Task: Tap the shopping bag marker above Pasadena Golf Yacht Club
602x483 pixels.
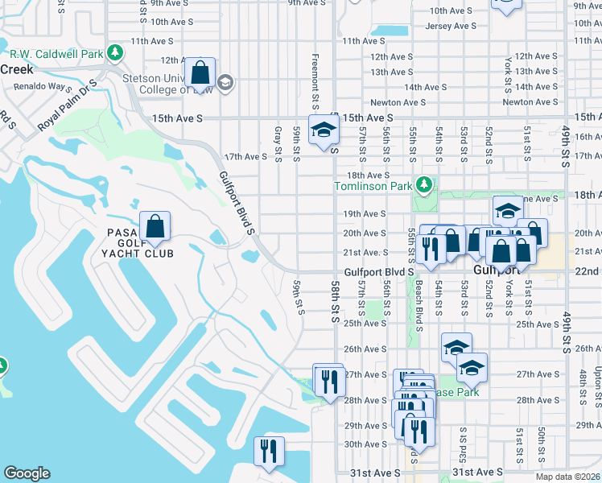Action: point(155,226)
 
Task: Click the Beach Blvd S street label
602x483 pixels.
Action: point(419,310)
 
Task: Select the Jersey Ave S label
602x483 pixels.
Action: point(450,26)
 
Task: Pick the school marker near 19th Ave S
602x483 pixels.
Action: point(508,212)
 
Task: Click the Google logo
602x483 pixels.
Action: point(27,473)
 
